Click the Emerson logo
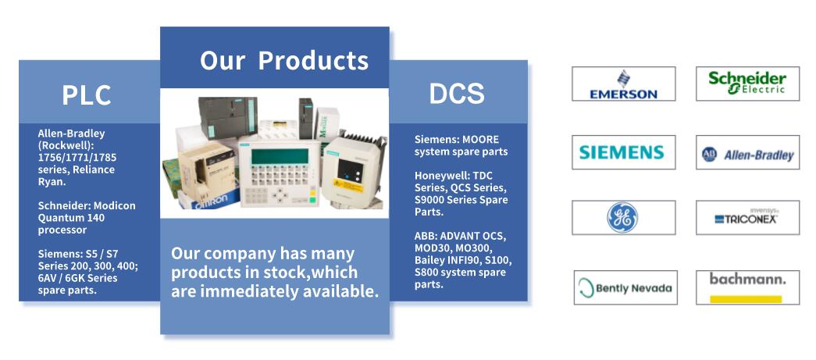point(623,84)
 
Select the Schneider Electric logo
point(747,84)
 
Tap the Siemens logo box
point(623,152)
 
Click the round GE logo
point(622,217)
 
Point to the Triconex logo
point(747,217)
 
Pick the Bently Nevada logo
point(625,287)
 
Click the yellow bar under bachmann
point(746,299)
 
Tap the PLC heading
point(87,95)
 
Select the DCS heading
point(456,94)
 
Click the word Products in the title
point(313,60)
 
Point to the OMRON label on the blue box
point(210,201)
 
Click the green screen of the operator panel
point(280,156)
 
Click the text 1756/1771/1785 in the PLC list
point(77,157)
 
